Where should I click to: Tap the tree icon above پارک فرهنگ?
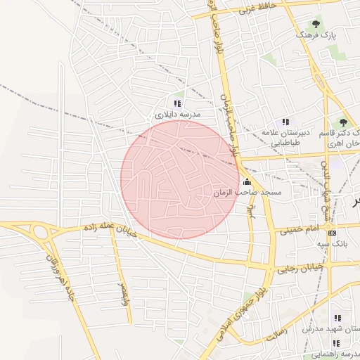click(316, 22)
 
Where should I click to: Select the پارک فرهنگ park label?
click(316, 34)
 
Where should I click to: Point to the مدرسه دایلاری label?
click(178, 114)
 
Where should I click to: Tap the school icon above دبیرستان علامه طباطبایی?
click(285, 121)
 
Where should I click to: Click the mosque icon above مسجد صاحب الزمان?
click(246, 181)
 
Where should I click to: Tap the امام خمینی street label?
click(299, 229)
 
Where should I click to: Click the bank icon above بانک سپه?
click(333, 233)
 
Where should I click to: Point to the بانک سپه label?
click(333, 243)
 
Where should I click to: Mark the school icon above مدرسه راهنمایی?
click(336, 343)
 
